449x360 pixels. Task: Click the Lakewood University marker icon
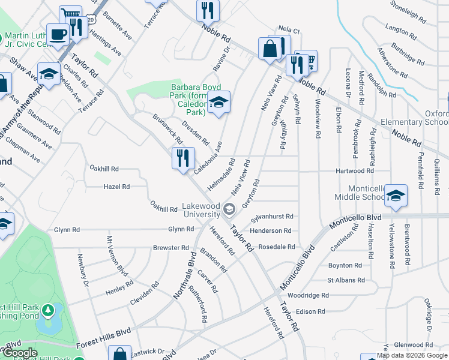(228, 209)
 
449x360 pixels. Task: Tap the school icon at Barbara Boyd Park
(219, 104)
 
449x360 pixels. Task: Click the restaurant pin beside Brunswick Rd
(183, 158)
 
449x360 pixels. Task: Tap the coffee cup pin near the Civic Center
(58, 34)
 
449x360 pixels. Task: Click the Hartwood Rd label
(367, 171)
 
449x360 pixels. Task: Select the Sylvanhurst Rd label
(272, 217)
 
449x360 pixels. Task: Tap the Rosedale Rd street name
(277, 247)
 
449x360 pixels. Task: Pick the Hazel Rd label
(116, 187)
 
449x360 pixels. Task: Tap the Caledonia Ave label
(208, 154)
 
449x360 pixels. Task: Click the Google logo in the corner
(20, 353)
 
